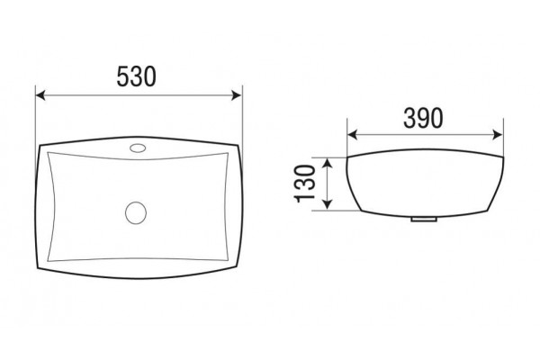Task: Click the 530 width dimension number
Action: click(x=137, y=76)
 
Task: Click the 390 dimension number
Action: click(x=423, y=118)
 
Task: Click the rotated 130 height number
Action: click(x=305, y=184)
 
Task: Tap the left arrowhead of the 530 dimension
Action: click(x=40, y=95)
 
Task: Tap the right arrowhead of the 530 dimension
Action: click(x=238, y=95)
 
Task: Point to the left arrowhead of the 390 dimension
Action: click(x=352, y=135)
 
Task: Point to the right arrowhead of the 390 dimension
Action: click(x=499, y=135)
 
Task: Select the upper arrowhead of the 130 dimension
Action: click(x=328, y=162)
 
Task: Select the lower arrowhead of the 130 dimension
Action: click(x=328, y=205)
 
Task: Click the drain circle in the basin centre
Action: click(x=136, y=213)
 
